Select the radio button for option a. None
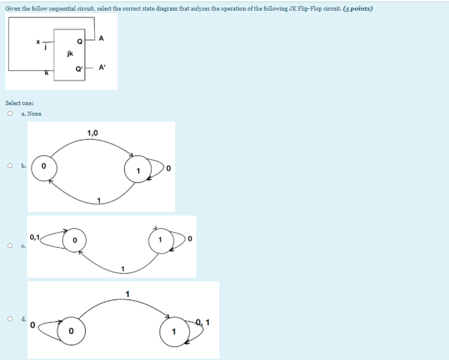click(10, 113)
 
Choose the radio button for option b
click(10, 166)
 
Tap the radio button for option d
click(10, 319)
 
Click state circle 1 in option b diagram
click(137, 170)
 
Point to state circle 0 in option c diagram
click(75, 240)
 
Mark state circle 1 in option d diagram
click(173, 332)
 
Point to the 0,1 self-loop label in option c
click(33, 237)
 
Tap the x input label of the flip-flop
click(37, 42)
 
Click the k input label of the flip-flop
click(46, 73)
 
